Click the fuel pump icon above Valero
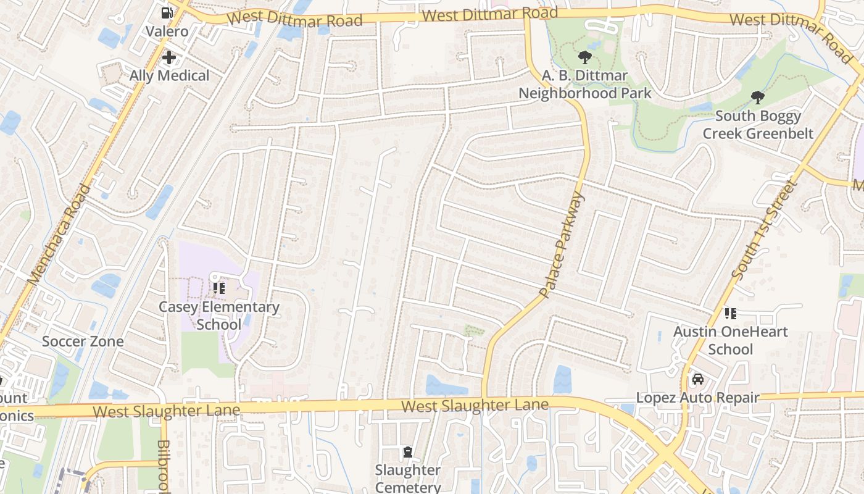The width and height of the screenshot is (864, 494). tap(167, 12)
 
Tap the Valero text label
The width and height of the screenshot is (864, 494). tap(167, 31)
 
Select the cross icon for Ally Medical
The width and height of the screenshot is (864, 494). tap(169, 58)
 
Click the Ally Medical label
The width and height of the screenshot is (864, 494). tap(169, 76)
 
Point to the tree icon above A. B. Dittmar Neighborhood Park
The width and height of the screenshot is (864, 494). tap(584, 58)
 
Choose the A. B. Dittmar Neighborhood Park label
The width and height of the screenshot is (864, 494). tap(584, 85)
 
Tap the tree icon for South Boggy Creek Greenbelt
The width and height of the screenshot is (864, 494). tap(757, 98)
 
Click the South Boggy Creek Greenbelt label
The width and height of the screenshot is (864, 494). tap(758, 125)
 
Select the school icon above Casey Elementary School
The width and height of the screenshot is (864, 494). tap(219, 288)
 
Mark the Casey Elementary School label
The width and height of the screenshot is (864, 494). tap(219, 316)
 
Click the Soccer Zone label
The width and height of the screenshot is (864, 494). tap(83, 341)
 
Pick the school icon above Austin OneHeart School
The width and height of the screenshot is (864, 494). tap(731, 313)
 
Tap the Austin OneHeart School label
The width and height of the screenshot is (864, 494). tap(731, 340)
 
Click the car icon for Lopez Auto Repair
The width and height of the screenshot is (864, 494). tap(697, 379)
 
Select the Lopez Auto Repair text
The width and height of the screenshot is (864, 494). tap(697, 398)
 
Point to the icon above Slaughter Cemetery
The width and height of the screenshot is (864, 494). tap(407, 452)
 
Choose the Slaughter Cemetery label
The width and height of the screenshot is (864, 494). tap(407, 479)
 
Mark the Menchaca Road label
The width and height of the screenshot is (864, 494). tap(60, 235)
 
